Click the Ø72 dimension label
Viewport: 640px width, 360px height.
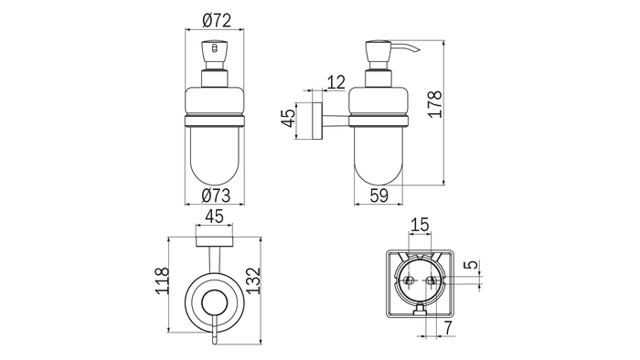click(217, 20)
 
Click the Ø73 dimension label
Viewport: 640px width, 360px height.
click(216, 196)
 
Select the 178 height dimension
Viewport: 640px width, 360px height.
click(435, 104)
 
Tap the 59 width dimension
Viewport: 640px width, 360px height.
click(379, 196)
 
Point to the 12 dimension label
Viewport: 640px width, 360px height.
click(336, 83)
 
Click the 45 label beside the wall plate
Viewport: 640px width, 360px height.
click(289, 118)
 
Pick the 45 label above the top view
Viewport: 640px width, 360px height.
click(214, 217)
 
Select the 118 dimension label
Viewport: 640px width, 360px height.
click(162, 281)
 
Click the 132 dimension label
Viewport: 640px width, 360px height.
click(253, 281)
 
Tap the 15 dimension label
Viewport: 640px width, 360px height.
click(420, 224)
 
